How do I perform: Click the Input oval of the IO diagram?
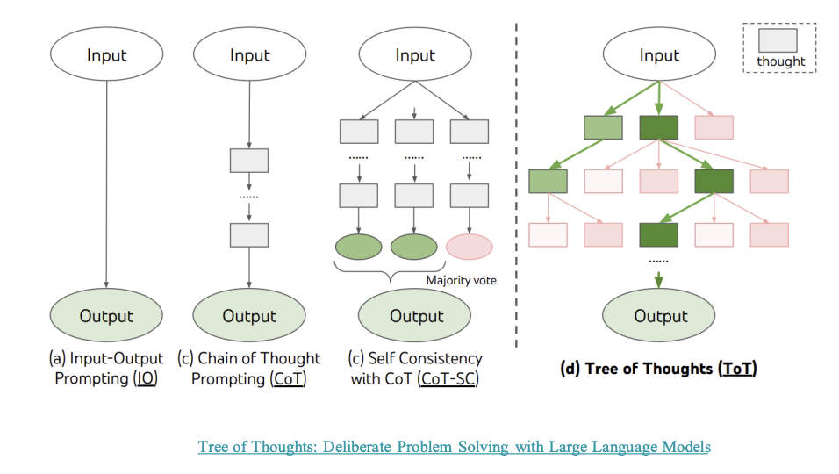(x=106, y=55)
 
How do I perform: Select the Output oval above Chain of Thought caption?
(x=249, y=316)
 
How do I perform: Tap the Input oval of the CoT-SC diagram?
(x=415, y=55)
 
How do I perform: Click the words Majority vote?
(x=462, y=280)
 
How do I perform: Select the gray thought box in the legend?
(x=778, y=40)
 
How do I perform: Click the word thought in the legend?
(x=780, y=61)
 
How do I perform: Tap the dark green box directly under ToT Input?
(x=658, y=128)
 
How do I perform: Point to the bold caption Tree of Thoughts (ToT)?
(x=658, y=369)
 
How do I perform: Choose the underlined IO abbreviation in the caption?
(x=146, y=379)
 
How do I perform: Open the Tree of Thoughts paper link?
(x=454, y=447)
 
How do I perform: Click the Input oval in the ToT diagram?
(x=659, y=55)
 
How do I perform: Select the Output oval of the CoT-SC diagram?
(x=416, y=316)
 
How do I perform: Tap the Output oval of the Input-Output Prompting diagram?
(x=106, y=316)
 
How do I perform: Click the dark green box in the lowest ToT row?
(x=658, y=235)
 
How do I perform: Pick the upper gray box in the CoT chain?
(x=249, y=161)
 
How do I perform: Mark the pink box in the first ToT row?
(x=714, y=128)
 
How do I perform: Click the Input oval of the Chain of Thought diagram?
(x=249, y=55)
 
